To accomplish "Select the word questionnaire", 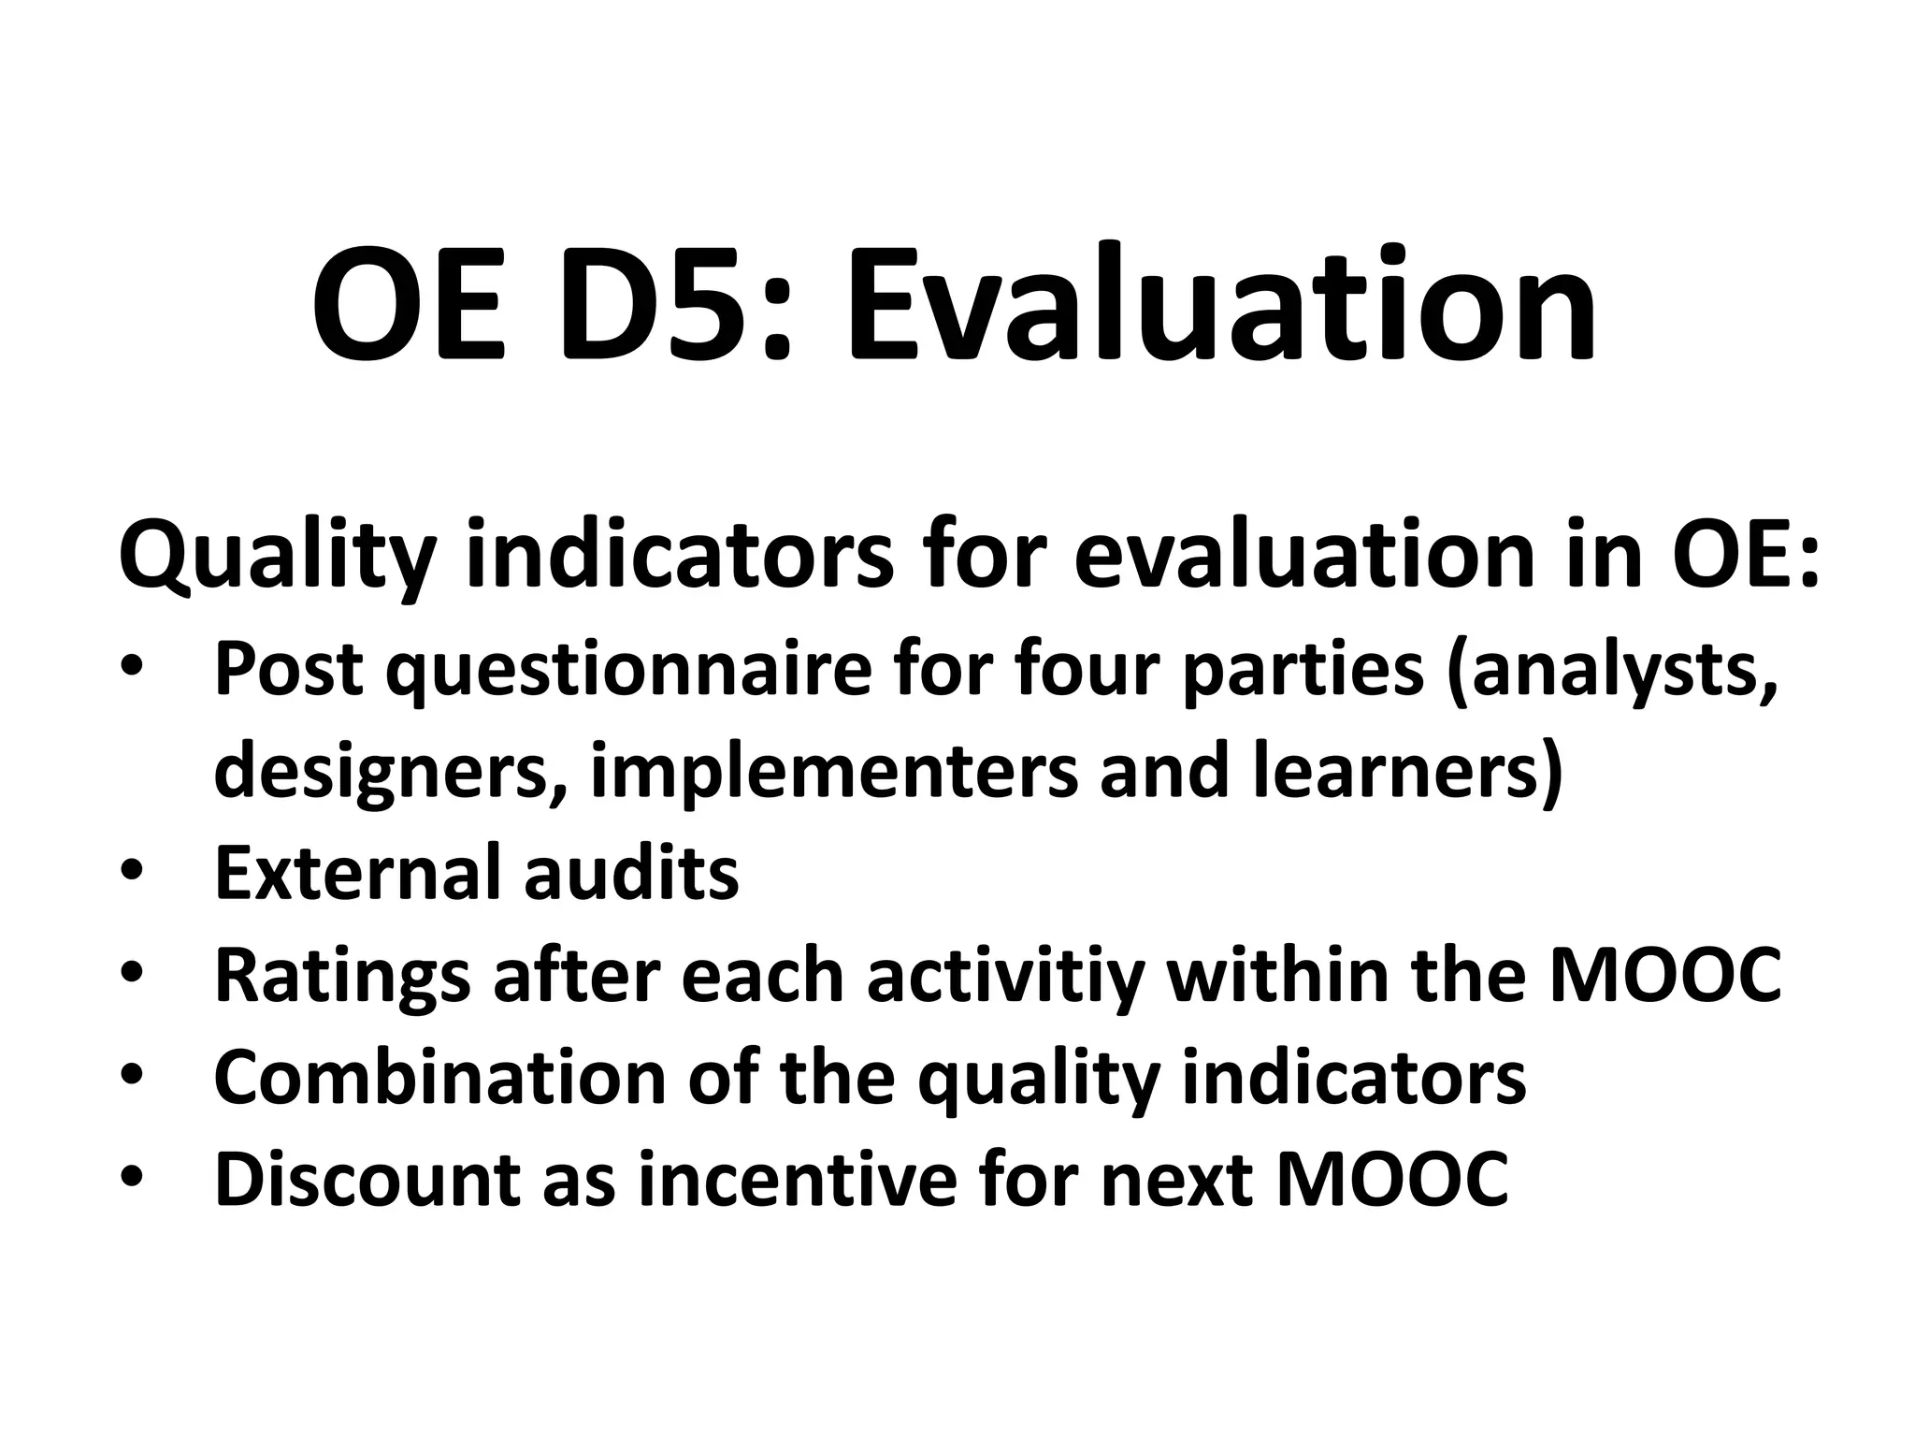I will click(626, 671).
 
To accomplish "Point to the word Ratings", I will click(342, 976).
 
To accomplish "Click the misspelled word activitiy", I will click(1006, 976).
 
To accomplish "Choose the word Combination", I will click(439, 1078).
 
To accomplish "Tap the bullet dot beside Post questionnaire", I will click(131, 671).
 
